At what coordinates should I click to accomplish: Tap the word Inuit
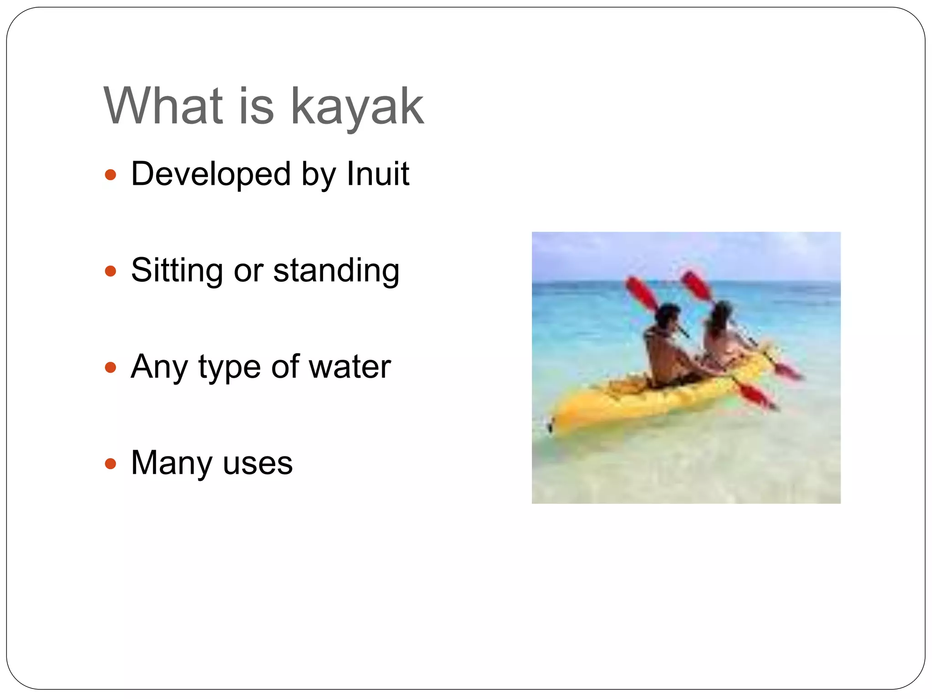point(377,174)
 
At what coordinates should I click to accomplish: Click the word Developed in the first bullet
point(211,174)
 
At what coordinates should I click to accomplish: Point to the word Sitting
point(177,270)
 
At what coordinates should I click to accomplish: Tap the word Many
point(172,463)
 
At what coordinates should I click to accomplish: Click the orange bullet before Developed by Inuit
point(111,175)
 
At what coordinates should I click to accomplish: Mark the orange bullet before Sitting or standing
point(111,272)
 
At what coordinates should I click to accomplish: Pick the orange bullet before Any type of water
point(111,367)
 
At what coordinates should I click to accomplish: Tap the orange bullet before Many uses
point(111,464)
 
